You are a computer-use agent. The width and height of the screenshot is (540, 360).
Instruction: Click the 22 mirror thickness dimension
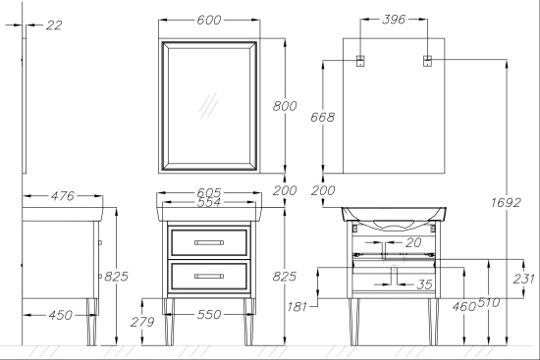(x=54, y=26)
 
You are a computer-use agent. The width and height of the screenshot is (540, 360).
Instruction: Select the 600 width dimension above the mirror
(x=209, y=20)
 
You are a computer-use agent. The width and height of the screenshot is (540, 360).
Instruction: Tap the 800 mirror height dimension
(x=285, y=106)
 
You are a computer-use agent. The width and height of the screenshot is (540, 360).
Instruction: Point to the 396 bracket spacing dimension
(x=394, y=20)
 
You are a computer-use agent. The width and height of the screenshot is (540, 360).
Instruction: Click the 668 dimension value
(x=322, y=117)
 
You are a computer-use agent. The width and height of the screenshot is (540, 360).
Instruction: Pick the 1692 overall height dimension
(x=506, y=202)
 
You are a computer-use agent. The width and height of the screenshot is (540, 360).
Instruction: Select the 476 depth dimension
(x=62, y=196)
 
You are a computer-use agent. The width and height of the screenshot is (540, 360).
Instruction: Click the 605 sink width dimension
(x=209, y=192)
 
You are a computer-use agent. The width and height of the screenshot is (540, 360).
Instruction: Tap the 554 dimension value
(x=209, y=202)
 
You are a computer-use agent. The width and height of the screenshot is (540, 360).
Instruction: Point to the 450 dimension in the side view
(x=61, y=315)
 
